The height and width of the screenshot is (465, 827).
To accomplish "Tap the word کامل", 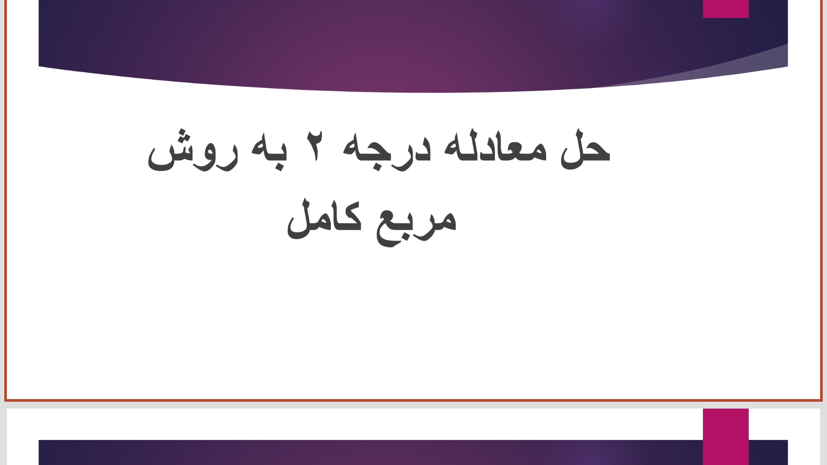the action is point(324,218).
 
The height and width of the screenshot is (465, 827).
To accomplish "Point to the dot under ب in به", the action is point(279,167).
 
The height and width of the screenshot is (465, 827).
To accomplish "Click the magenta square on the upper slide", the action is point(726,9).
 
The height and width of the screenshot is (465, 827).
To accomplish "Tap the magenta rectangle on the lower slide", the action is point(726,437).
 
